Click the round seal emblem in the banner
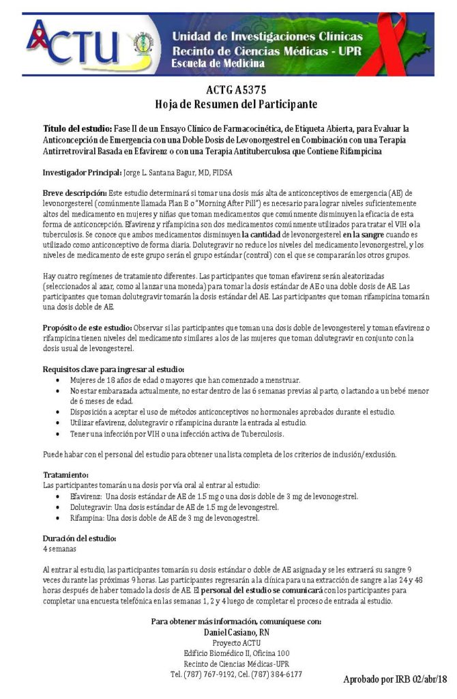(143, 42)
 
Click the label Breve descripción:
(73, 194)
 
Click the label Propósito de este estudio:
(87, 328)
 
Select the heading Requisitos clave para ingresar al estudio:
(113, 369)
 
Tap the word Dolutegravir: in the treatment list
(91, 507)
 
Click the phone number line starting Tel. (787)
(236, 674)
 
